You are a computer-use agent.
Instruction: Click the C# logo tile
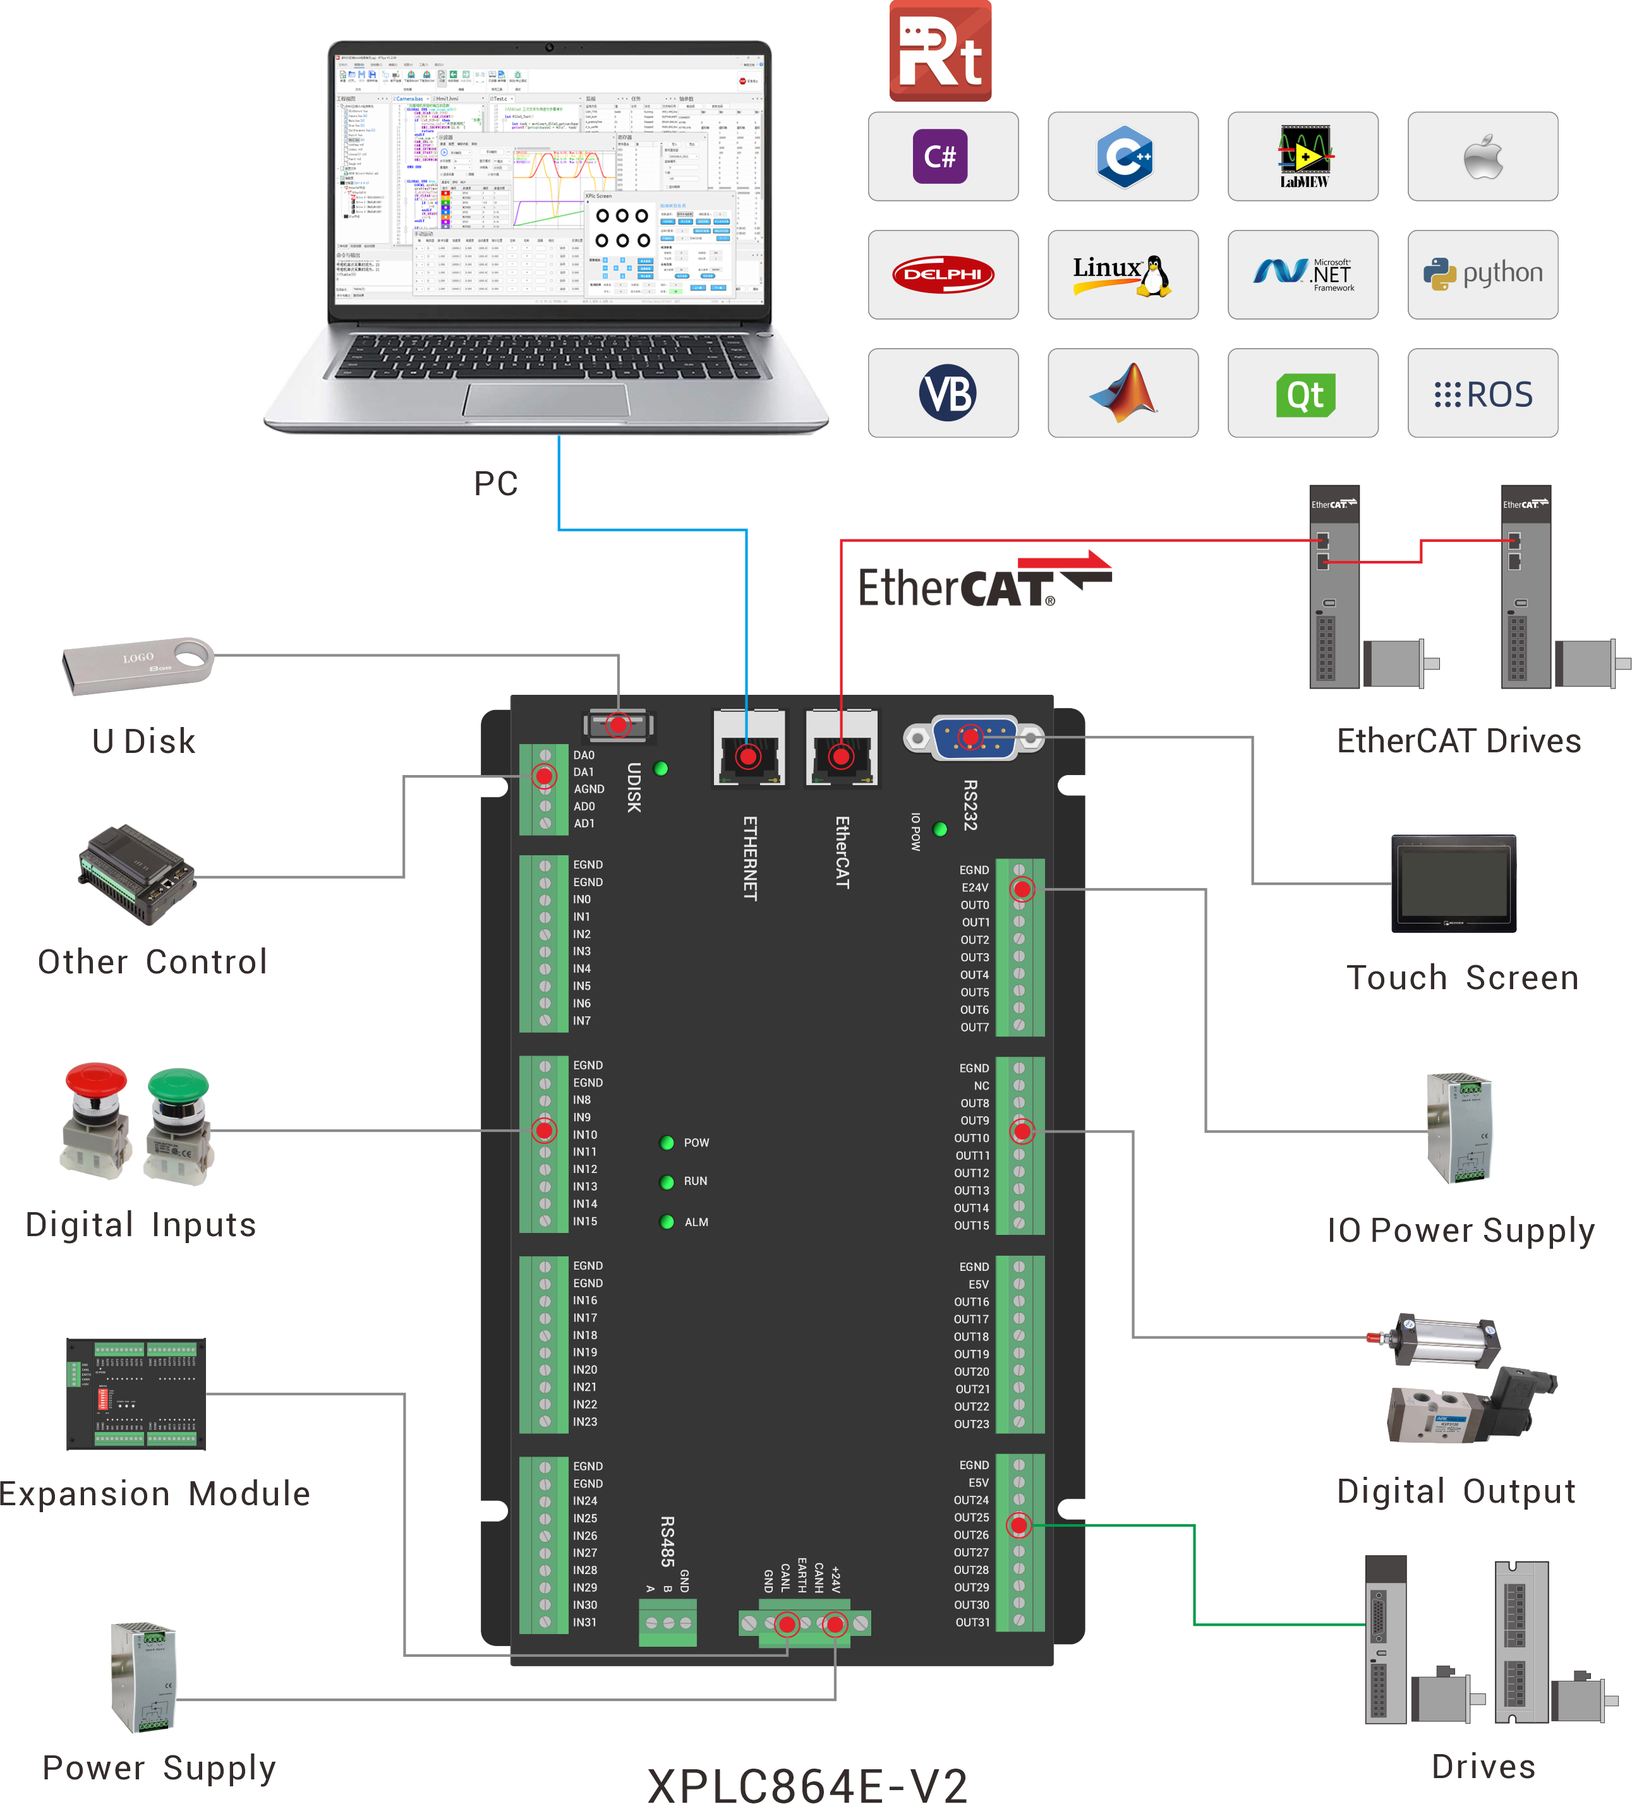coord(942,157)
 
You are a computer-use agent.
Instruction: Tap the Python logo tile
coord(1482,274)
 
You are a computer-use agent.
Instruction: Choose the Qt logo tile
coord(1303,394)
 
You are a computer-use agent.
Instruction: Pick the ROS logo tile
coord(1482,394)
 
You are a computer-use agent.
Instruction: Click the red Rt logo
coord(940,52)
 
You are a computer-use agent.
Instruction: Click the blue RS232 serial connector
coord(973,737)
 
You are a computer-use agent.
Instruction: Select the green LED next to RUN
coord(667,1182)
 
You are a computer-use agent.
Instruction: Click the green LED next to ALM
coord(667,1222)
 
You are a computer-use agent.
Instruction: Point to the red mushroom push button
coord(95,1119)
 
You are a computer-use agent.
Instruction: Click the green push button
coord(178,1124)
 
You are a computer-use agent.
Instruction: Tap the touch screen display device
coord(1453,883)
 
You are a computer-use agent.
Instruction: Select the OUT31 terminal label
coord(972,1622)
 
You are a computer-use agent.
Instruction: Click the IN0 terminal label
coord(582,899)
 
